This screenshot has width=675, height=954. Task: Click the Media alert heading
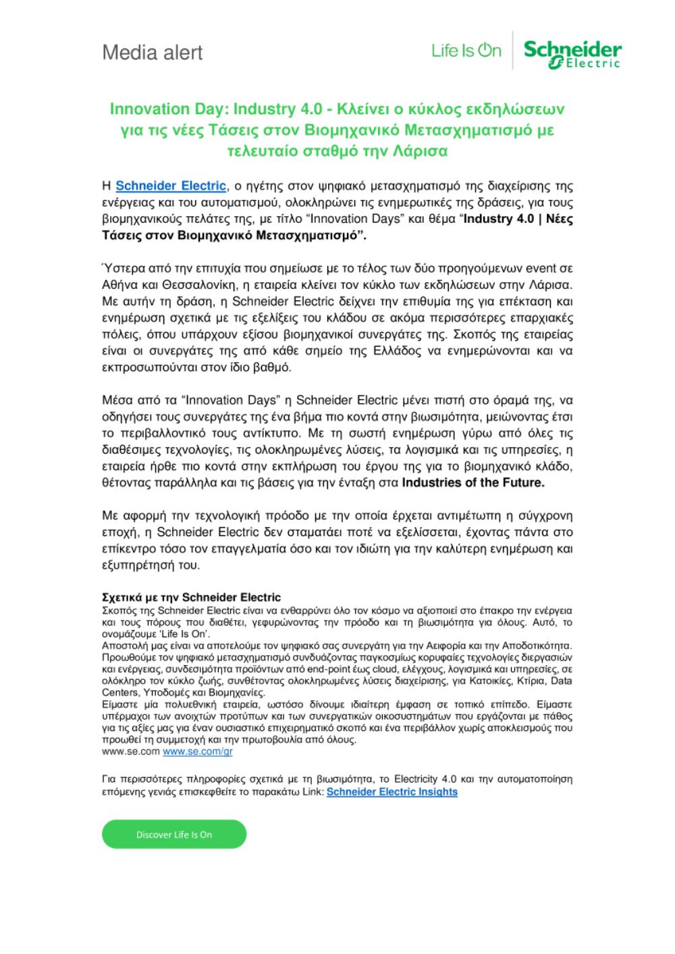tap(152, 53)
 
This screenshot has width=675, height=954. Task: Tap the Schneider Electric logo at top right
tap(572, 53)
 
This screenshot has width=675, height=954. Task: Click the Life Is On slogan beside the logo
tap(466, 51)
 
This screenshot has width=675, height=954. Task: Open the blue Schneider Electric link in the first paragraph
tap(171, 186)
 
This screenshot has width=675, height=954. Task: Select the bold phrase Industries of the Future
tap(473, 483)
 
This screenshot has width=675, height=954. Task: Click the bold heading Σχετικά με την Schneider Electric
tap(191, 598)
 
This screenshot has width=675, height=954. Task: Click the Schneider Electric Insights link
tap(391, 792)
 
